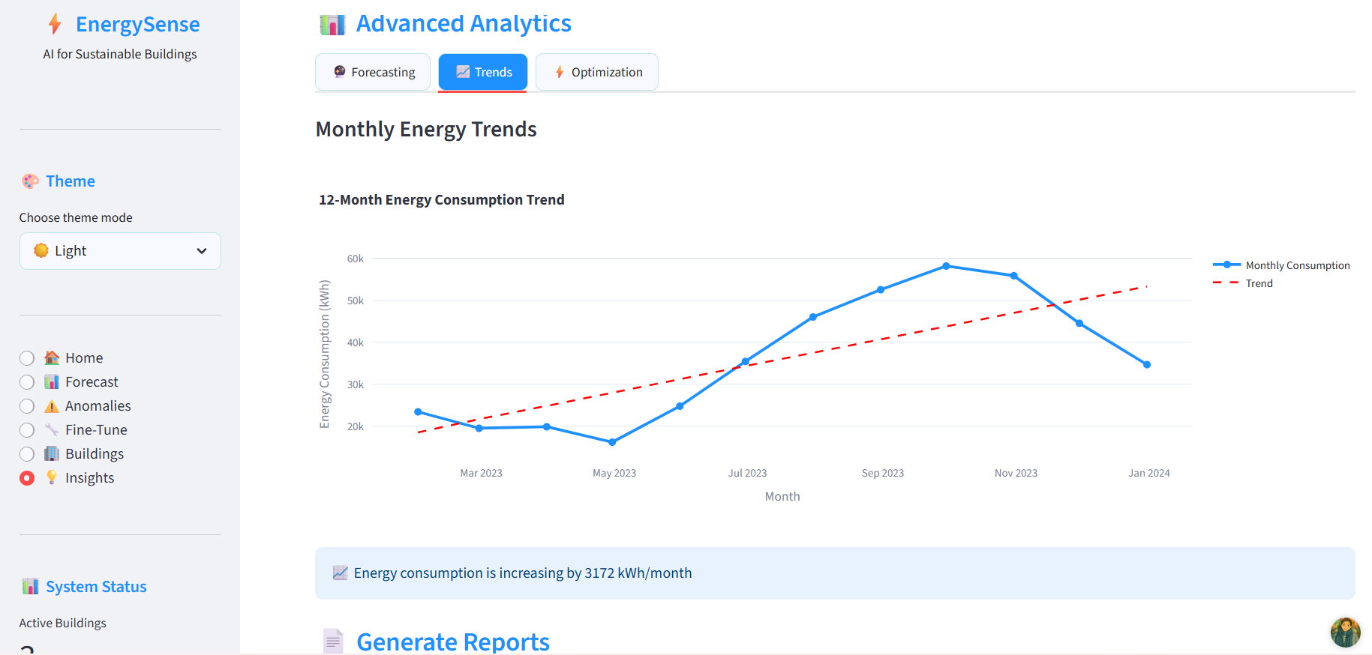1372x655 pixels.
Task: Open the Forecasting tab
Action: tap(373, 72)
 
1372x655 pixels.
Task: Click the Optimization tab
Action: tap(597, 72)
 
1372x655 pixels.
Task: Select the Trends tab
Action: tap(483, 72)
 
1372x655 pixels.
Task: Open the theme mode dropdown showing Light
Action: tap(120, 251)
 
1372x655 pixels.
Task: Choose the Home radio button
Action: tap(27, 358)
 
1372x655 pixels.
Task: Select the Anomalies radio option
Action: tap(27, 406)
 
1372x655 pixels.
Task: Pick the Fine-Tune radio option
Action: tap(27, 430)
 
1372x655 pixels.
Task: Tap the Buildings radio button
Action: tap(27, 454)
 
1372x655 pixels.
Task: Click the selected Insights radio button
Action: tap(27, 478)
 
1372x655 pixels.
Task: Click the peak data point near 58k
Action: tap(947, 266)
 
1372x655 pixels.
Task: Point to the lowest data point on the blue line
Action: tap(612, 442)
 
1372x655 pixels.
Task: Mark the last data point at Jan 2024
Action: tap(1147, 365)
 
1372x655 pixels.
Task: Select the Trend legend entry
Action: tap(1259, 283)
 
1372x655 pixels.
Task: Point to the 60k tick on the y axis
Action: tap(355, 259)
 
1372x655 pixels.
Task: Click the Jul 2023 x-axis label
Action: tap(747, 473)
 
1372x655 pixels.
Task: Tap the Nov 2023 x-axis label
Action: tap(1016, 473)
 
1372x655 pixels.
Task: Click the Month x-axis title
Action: tap(782, 496)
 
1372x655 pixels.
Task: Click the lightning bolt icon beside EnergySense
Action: tap(55, 24)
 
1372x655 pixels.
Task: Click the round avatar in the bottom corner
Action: tap(1345, 633)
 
